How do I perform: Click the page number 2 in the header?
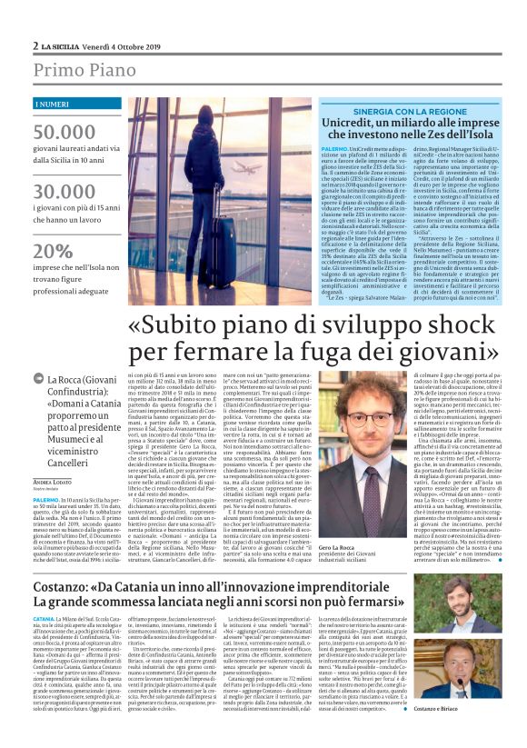pos(35,45)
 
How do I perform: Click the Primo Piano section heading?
pos(75,71)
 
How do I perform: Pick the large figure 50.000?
pos(65,132)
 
